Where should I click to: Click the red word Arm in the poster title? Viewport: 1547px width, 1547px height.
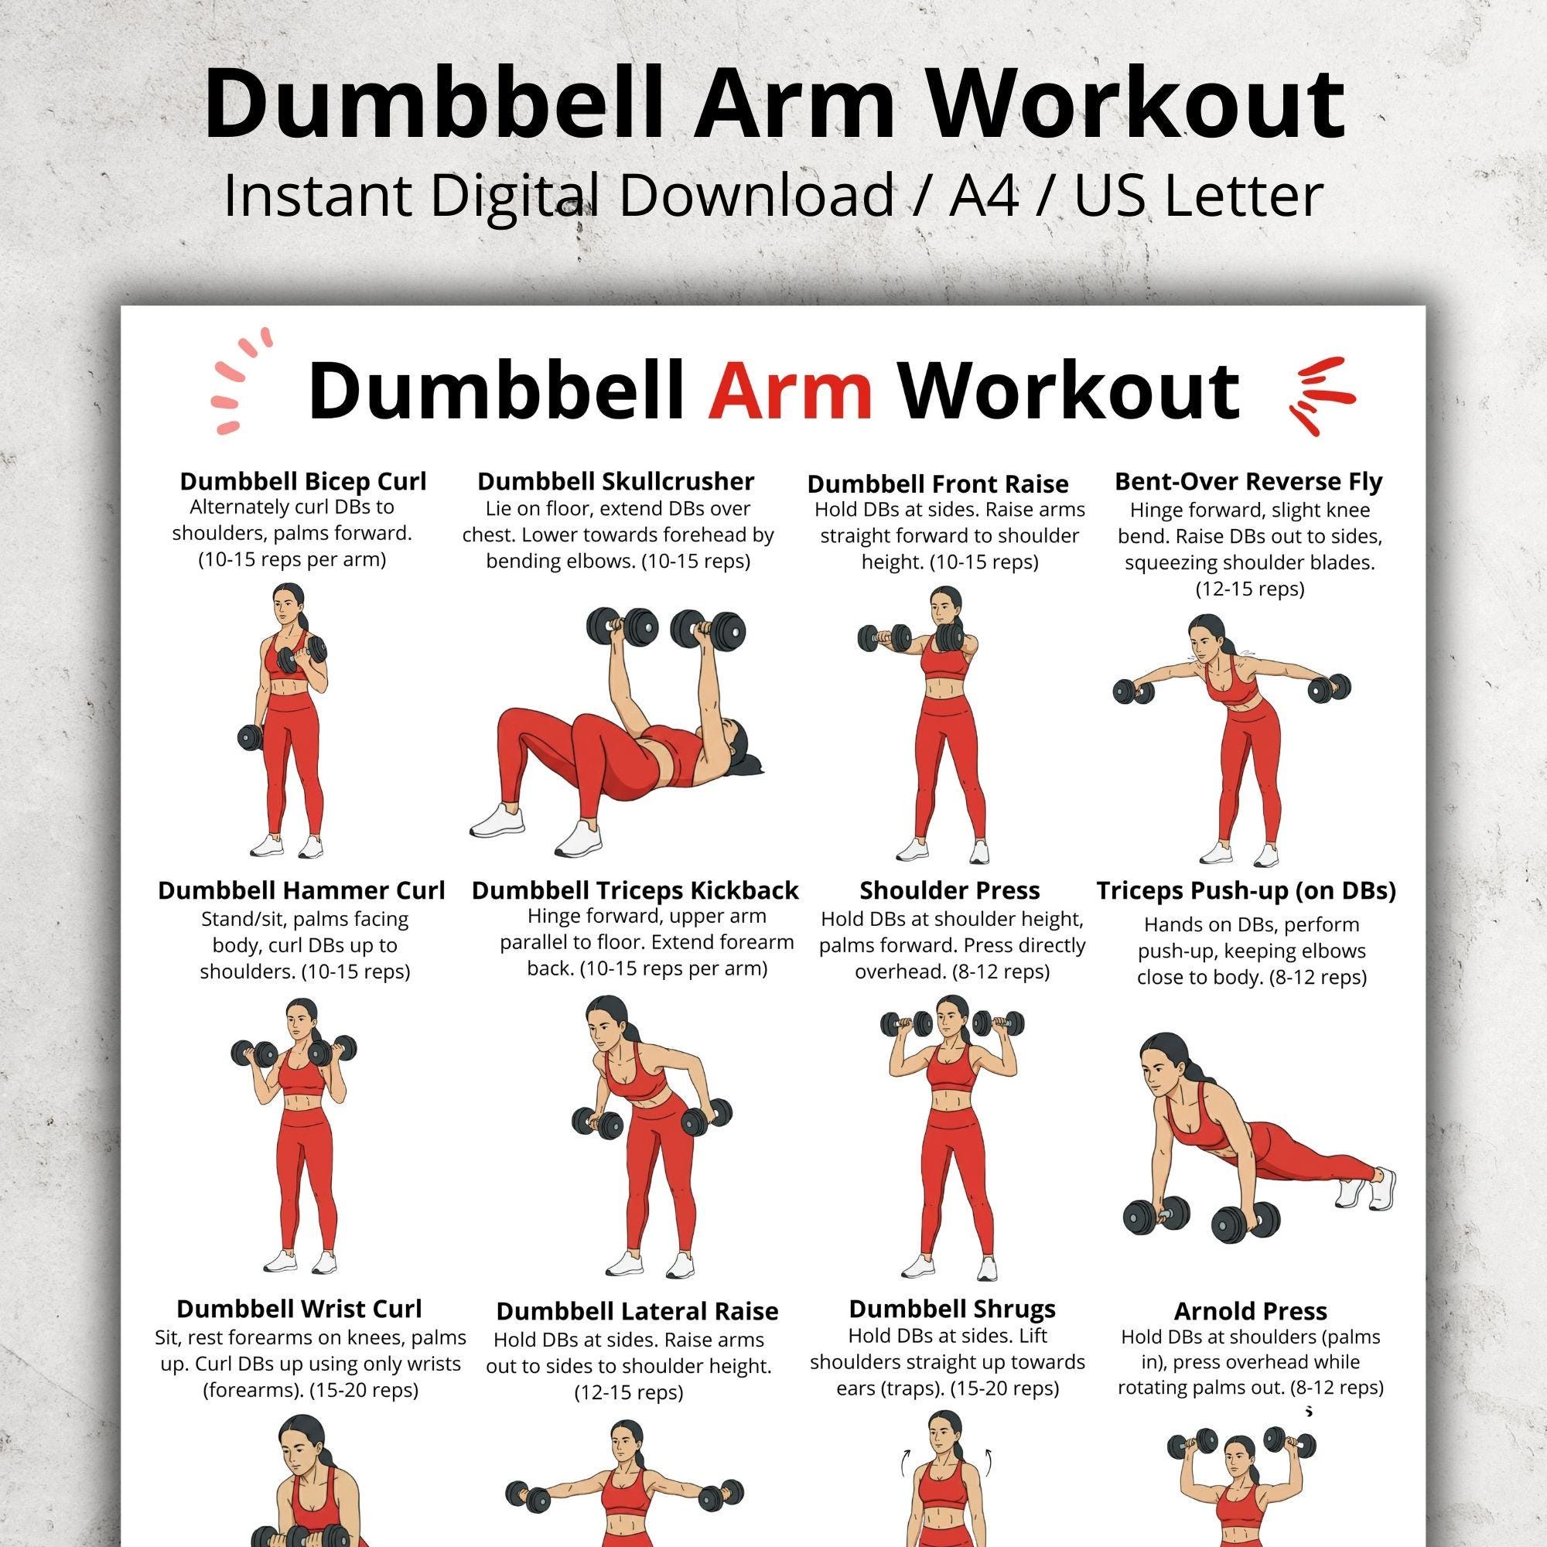pos(790,391)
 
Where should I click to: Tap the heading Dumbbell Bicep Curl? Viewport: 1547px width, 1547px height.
pos(302,481)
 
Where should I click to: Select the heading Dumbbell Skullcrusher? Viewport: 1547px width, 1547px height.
pos(616,481)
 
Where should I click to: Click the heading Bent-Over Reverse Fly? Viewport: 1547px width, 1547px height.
pos(1248,481)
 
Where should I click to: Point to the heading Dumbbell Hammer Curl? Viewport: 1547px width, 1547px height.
pos(301,890)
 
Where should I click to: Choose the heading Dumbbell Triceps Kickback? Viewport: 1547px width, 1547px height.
pos(635,890)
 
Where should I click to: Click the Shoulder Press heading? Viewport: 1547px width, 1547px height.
pos(950,890)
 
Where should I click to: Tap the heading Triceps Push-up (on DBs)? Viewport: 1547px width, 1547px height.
pos(1246,890)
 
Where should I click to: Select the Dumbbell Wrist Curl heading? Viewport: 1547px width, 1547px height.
pos(299,1309)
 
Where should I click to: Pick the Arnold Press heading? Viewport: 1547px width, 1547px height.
pos(1250,1311)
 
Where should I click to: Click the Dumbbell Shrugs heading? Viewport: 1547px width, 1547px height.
pos(952,1309)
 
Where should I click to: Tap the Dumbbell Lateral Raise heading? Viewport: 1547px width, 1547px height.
pos(637,1311)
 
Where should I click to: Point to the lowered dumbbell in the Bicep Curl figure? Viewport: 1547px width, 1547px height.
pos(254,737)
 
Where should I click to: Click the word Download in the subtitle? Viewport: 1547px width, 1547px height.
pos(756,196)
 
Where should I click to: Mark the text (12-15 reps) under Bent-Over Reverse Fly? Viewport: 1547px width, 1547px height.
pos(1249,589)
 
